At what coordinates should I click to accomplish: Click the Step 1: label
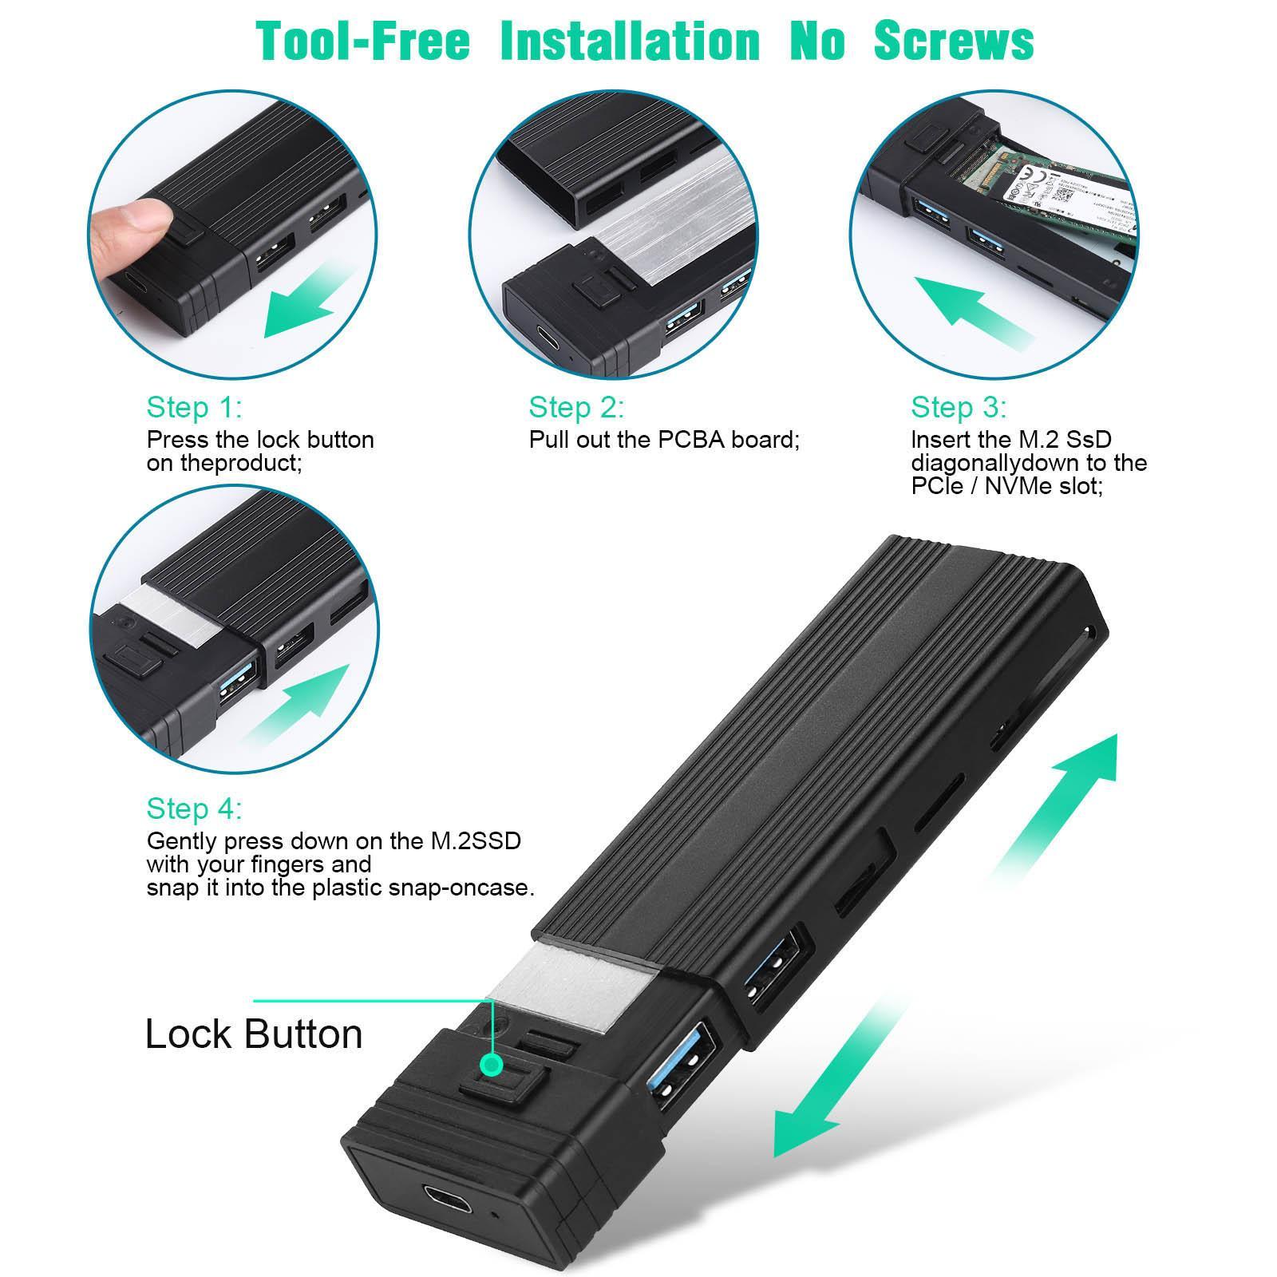(x=194, y=408)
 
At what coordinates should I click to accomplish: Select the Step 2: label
(x=576, y=408)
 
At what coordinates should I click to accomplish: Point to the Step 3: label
(x=959, y=408)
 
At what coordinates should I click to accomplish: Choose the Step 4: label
(x=194, y=809)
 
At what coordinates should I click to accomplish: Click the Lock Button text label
(x=254, y=1034)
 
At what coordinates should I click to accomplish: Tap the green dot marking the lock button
(x=493, y=1064)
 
